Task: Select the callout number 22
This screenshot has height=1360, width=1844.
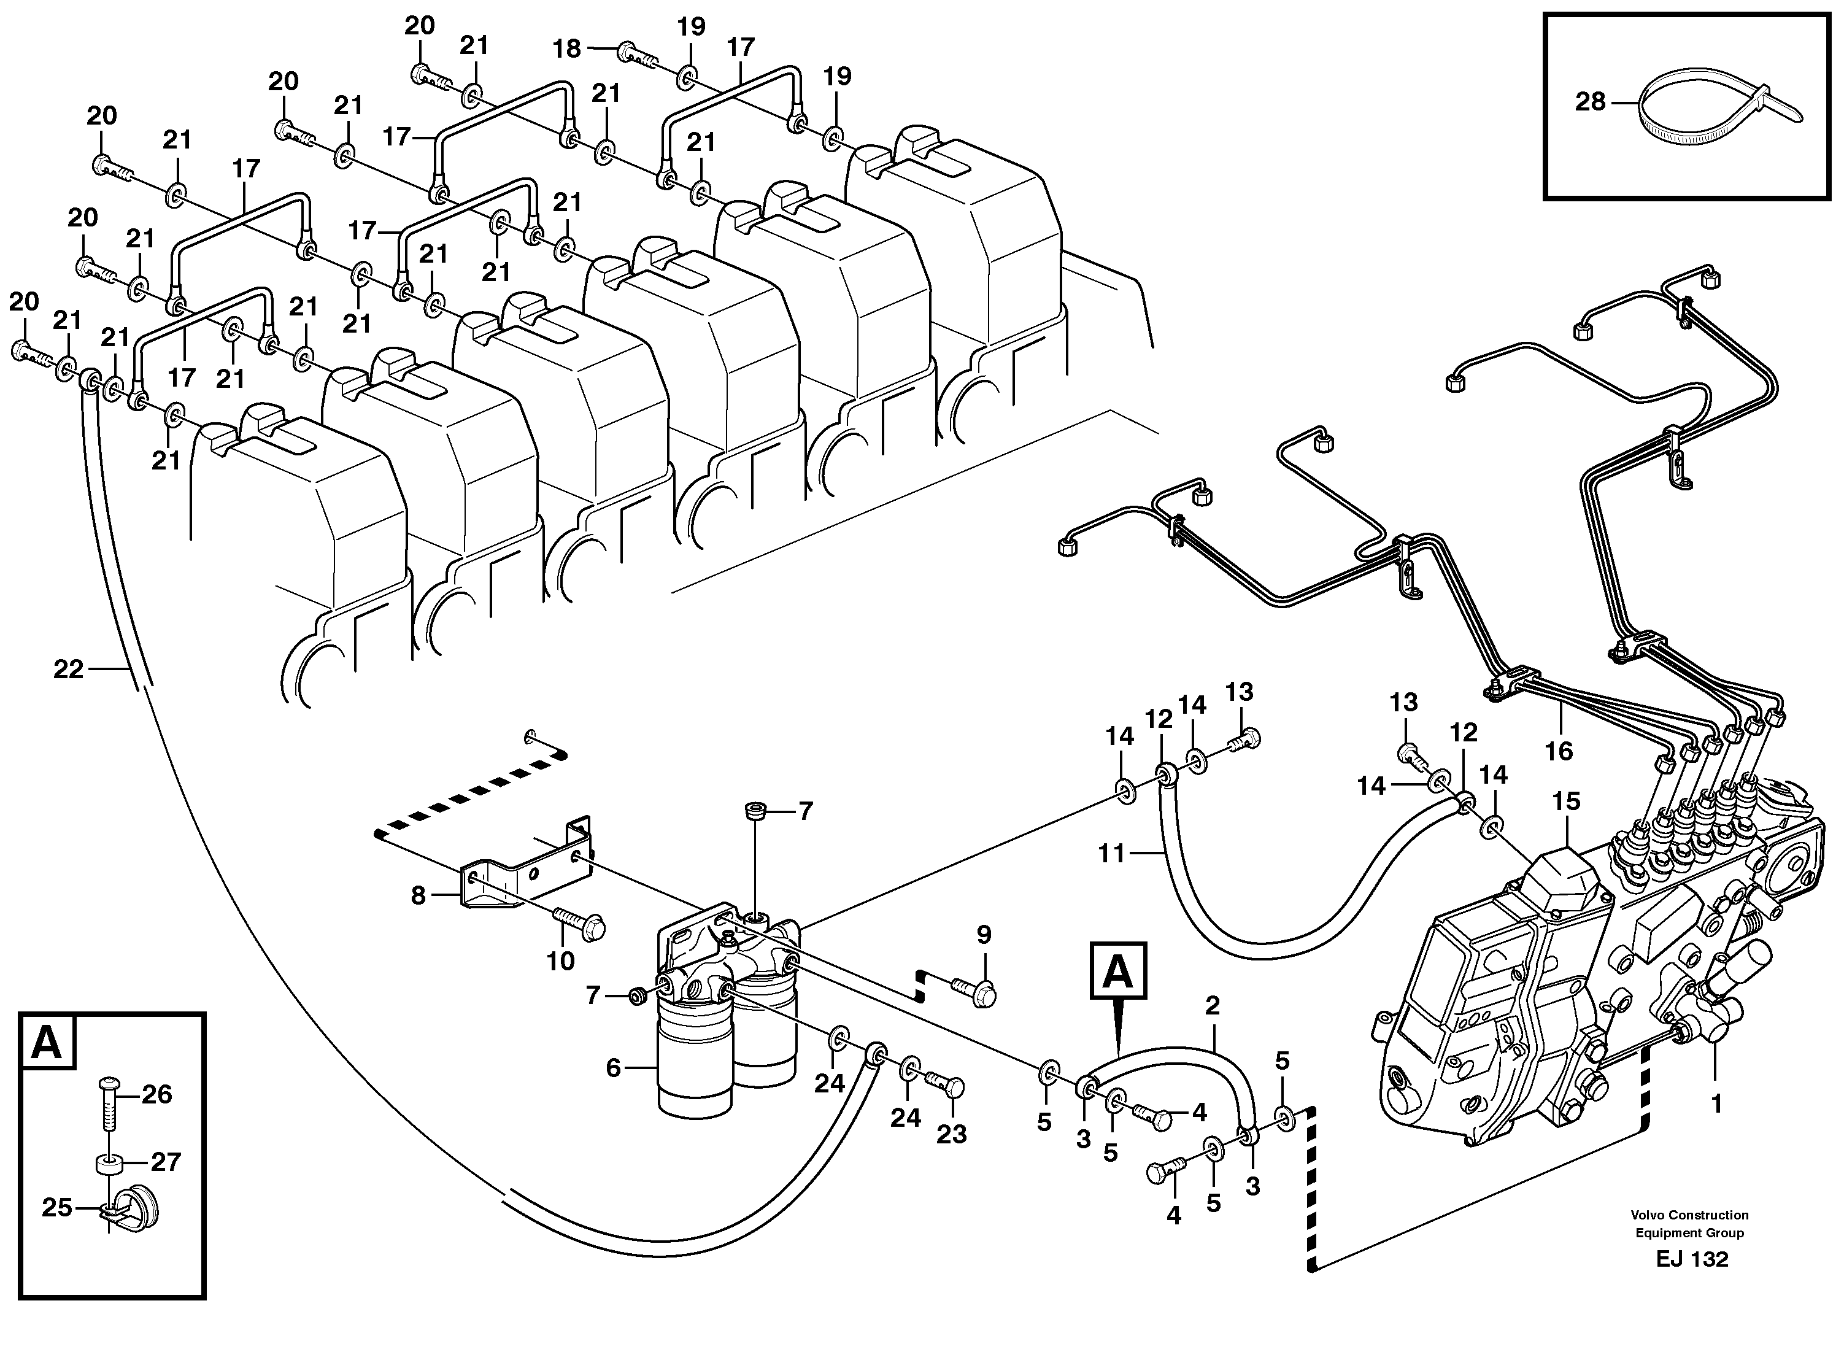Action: (68, 670)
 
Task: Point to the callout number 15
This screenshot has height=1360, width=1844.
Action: (1566, 801)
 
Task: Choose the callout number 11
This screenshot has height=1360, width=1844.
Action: (1111, 854)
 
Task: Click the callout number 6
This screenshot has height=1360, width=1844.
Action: (612, 1068)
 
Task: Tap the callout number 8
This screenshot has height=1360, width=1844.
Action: (418, 895)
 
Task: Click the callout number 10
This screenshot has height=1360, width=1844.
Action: (561, 960)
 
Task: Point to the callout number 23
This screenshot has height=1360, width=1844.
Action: (952, 1134)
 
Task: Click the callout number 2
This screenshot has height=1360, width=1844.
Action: (1212, 1005)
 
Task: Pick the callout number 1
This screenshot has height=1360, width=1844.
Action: (1716, 1104)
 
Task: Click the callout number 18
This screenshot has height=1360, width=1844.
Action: (566, 48)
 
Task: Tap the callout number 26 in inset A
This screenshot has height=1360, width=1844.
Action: (156, 1094)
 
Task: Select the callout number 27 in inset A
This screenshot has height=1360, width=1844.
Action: (166, 1162)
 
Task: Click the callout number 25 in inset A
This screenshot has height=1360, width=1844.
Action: (57, 1208)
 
